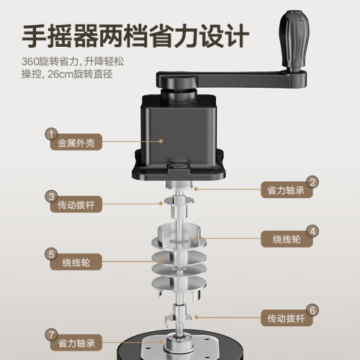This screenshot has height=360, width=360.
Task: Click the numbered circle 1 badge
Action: coord(51,135)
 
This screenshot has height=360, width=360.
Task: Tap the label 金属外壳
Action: coord(76,143)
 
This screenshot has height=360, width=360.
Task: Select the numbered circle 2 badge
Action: coord(312,182)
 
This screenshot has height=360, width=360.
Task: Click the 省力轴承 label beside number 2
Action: coord(286,190)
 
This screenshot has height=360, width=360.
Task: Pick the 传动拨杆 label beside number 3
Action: coord(76,205)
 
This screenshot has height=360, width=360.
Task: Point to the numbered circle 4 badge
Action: coord(312,231)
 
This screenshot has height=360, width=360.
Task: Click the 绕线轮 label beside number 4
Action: coord(287,239)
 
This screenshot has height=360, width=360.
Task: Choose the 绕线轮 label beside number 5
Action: coord(76,263)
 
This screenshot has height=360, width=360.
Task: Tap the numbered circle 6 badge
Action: coord(312,310)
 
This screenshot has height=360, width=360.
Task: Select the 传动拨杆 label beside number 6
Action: coord(286,318)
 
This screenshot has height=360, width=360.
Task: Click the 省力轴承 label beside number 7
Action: coord(76,343)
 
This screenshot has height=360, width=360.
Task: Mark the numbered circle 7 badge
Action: coord(51,335)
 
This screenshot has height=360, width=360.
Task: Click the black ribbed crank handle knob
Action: coord(294,40)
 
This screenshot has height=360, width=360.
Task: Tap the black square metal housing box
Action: coord(179,135)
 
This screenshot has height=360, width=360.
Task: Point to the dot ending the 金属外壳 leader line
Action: coord(161,141)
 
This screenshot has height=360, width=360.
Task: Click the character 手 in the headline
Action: coord(34,36)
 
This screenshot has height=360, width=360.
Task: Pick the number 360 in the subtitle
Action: coord(30,62)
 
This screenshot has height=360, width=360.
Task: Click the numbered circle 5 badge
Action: coord(51,254)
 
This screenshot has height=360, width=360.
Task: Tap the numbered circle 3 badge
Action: coord(51,197)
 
